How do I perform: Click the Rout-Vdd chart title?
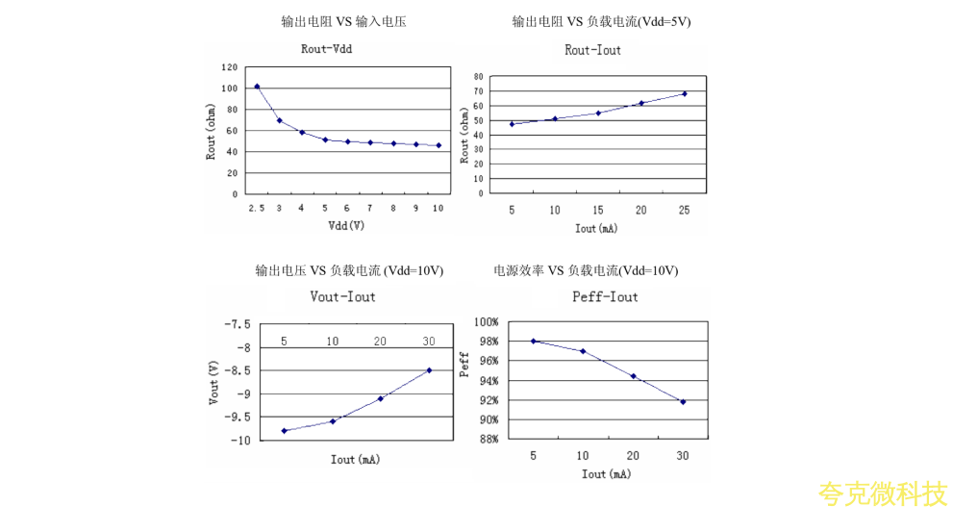point(326,49)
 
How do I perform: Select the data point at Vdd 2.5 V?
point(257,87)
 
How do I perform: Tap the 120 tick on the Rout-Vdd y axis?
point(229,67)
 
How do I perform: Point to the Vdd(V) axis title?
point(346,226)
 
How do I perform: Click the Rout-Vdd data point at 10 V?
point(439,145)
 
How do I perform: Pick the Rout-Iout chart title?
point(592,50)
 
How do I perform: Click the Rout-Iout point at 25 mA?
point(685,93)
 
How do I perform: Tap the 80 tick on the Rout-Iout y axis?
point(478,76)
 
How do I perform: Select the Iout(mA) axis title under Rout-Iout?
point(596,229)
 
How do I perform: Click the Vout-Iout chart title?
point(343,296)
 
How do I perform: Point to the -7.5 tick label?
point(237,324)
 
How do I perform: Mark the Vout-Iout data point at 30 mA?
point(429,370)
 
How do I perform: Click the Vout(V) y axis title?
point(213,382)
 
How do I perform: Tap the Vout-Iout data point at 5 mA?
point(285,430)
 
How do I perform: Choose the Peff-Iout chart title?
point(605,296)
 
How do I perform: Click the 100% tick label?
point(485,322)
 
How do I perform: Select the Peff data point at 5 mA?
point(533,341)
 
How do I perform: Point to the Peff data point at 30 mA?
point(683,401)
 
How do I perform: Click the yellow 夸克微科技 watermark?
point(882,494)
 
